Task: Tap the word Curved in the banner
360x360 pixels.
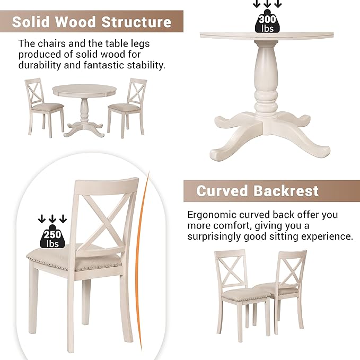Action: pyautogui.click(x=222, y=191)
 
